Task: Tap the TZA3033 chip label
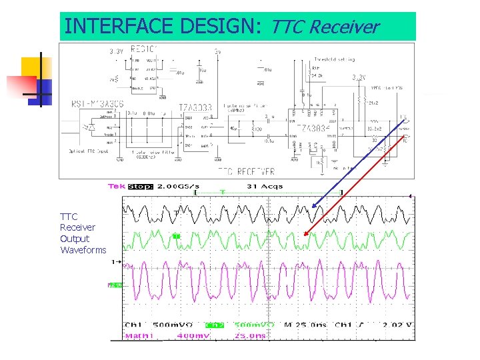[195, 107]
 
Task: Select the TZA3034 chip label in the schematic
[311, 128]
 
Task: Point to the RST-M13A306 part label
[98, 103]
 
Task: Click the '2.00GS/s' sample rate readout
[181, 187]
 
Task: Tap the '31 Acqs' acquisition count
[264, 187]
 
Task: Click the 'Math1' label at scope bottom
[140, 335]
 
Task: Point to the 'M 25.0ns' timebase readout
[305, 325]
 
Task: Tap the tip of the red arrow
[304, 235]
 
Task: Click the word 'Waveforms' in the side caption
[83, 250]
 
